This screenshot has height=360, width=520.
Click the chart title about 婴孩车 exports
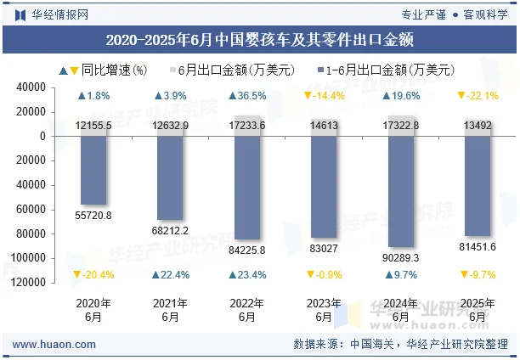point(260,40)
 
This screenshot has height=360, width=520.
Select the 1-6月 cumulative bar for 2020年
point(93,170)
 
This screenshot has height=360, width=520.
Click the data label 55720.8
point(93,216)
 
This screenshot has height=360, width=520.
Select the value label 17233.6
point(246,125)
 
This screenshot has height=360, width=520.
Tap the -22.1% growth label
point(478,96)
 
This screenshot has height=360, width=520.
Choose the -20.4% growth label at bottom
point(93,274)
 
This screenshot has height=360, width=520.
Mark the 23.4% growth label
point(246,274)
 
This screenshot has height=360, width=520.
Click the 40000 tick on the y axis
point(54,87)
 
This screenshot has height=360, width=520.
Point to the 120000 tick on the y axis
point(52,282)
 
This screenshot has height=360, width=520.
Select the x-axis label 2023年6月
point(323,310)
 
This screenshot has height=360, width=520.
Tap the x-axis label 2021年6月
point(170,310)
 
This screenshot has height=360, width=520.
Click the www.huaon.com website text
point(53,344)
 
